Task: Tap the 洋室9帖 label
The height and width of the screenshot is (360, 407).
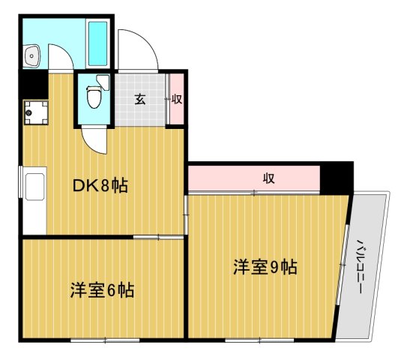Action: pos(265,266)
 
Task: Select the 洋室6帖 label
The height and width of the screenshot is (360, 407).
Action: pos(103,289)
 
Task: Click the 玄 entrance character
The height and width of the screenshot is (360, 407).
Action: pos(140,99)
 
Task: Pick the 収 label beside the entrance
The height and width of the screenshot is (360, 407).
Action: pos(177,99)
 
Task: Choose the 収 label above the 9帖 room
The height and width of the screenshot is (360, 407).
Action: pos(268,178)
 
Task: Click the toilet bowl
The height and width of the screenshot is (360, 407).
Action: pos(94,97)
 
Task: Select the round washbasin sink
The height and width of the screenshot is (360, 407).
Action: pos(31,55)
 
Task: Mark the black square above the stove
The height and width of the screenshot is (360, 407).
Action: pos(32,83)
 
